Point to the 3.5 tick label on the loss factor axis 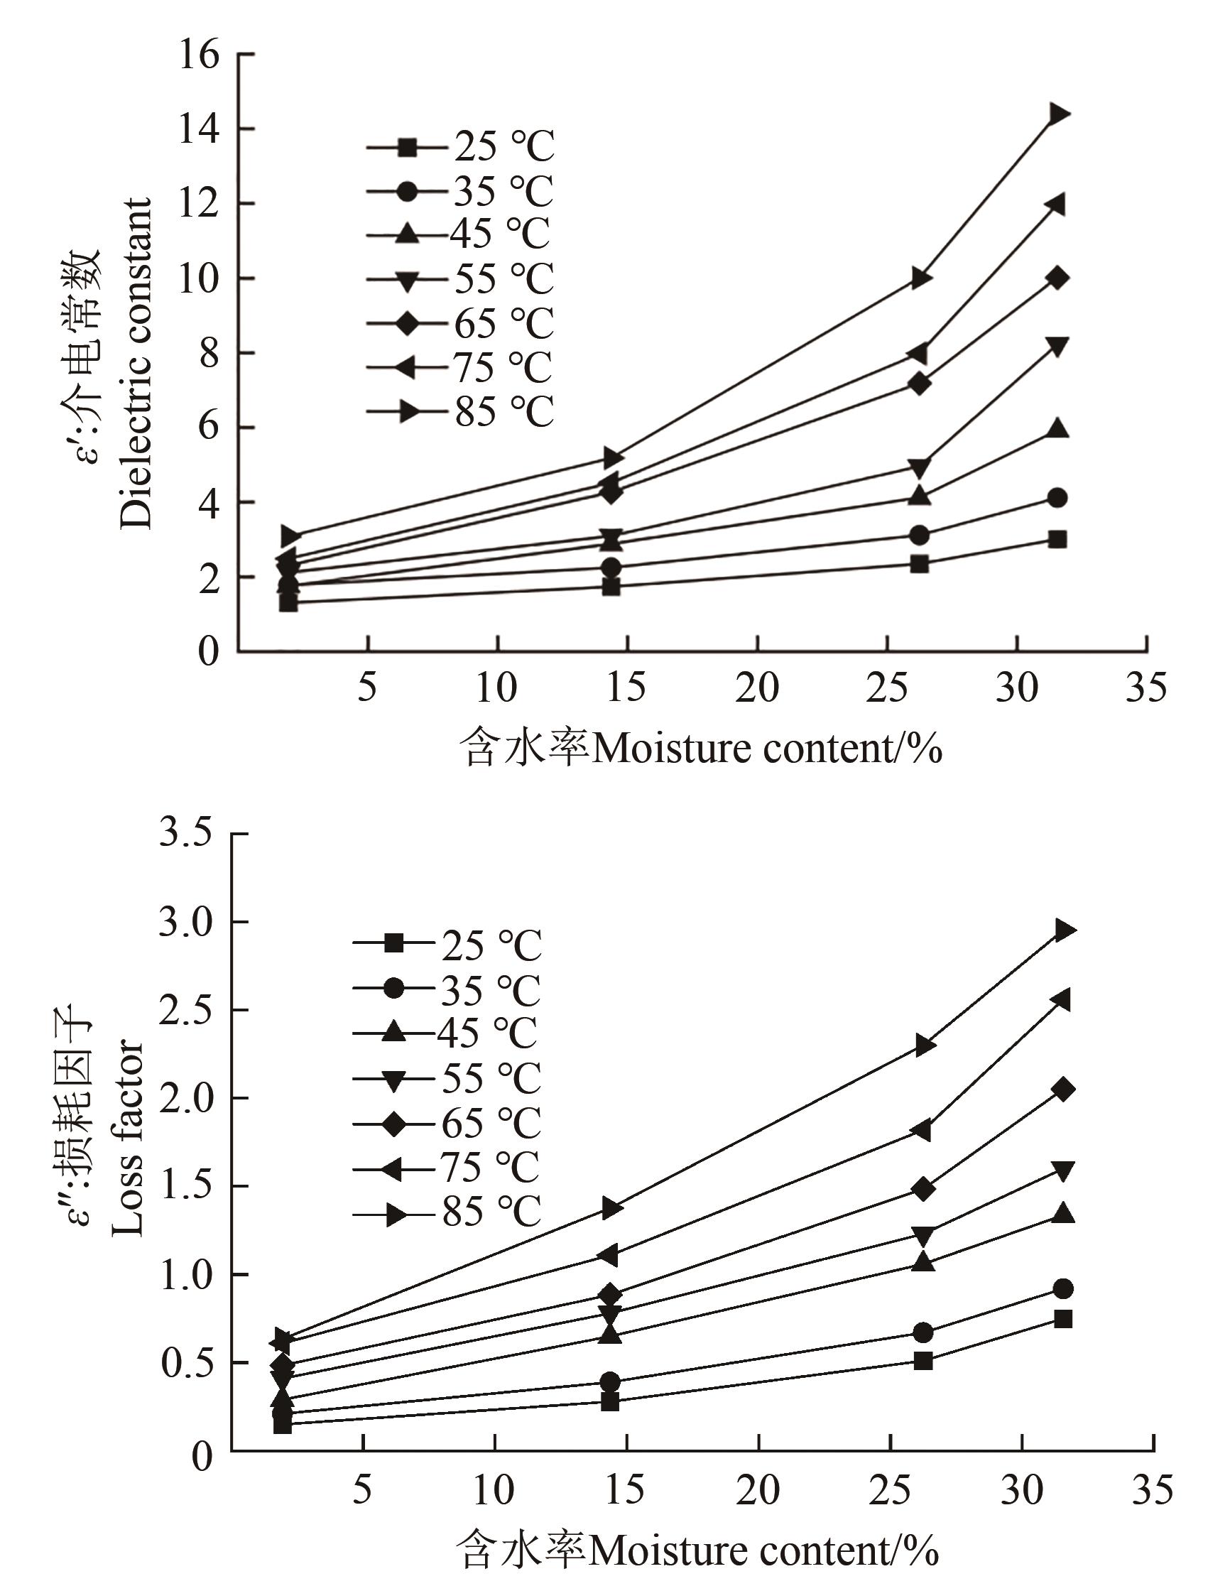coord(186,832)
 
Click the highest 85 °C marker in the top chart coord(1058,114)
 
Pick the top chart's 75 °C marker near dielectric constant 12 coord(1057,205)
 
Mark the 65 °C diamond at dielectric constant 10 coord(1058,278)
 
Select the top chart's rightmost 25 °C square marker coord(1058,540)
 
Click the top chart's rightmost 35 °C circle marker coord(1058,498)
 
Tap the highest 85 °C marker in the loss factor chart coord(1064,930)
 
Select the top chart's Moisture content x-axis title coord(701,748)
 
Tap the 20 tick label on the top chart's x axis coord(757,687)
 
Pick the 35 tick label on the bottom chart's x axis coord(1153,1489)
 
